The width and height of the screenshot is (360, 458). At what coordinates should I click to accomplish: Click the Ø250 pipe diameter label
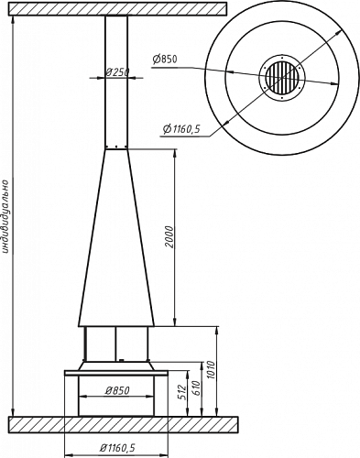[x=117, y=72]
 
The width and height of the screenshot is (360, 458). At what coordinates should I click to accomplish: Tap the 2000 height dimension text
[x=169, y=237]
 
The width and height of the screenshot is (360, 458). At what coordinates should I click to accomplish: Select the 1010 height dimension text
[x=211, y=370]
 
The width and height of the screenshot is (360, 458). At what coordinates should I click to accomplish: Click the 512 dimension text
[x=181, y=393]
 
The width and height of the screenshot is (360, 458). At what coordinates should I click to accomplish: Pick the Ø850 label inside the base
[x=117, y=390]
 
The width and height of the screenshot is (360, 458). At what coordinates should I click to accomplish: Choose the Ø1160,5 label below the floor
[x=117, y=448]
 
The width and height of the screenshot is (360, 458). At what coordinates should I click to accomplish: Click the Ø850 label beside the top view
[x=165, y=59]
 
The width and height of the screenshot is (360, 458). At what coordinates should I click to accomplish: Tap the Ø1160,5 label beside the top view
[x=181, y=129]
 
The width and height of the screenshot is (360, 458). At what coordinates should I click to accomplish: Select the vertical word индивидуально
[x=5, y=216]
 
